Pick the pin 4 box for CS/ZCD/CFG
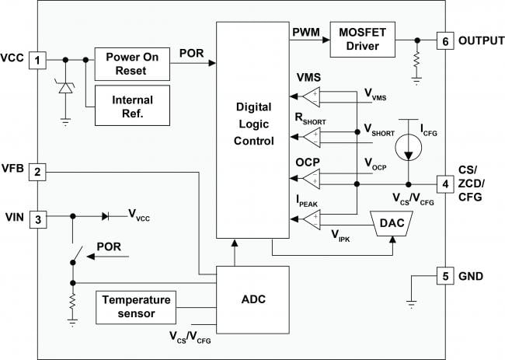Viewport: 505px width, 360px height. pyautogui.click(x=444, y=184)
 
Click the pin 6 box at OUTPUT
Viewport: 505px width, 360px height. pyautogui.click(x=444, y=40)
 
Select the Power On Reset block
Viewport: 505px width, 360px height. pyautogui.click(x=134, y=63)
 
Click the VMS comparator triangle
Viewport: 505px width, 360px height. pyautogui.click(x=311, y=96)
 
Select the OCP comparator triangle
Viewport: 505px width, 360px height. pyautogui.click(x=311, y=180)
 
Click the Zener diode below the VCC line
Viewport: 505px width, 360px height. pyautogui.click(x=64, y=88)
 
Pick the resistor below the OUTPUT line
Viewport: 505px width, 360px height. pyautogui.click(x=418, y=59)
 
